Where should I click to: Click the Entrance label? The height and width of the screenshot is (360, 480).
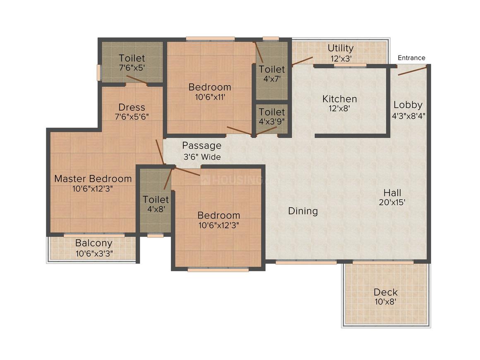411,58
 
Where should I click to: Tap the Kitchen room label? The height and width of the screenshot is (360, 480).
339,99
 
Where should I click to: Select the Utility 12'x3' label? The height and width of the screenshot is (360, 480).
341,53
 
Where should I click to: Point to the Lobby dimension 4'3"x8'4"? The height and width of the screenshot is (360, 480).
408,116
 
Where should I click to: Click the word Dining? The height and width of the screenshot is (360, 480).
303,211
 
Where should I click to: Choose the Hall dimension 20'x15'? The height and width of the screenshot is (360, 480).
392,202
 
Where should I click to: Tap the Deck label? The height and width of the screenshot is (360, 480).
386,292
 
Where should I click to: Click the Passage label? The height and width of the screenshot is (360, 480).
202,146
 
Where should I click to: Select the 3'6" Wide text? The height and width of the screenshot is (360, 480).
202,157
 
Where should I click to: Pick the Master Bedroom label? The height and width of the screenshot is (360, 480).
93,178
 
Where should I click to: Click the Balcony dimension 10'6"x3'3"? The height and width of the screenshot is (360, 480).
94,254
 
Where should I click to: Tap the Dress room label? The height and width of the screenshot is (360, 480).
132,107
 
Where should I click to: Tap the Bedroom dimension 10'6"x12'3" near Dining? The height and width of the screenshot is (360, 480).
218,225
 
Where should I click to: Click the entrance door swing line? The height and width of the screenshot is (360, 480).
412,71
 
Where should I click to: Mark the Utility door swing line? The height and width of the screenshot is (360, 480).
302,61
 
